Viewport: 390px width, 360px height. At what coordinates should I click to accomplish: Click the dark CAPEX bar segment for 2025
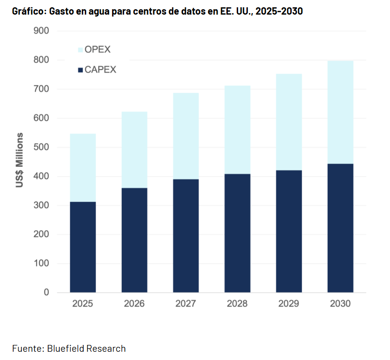click(83, 247)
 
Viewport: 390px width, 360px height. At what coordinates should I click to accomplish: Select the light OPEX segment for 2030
click(340, 112)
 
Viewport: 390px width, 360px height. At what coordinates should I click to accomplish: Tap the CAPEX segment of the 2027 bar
click(186, 235)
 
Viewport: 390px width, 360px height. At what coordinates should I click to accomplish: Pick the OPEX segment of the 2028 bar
click(237, 130)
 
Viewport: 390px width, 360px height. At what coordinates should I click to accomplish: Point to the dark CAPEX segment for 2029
click(289, 231)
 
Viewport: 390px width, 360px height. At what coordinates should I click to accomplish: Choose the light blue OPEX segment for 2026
click(134, 150)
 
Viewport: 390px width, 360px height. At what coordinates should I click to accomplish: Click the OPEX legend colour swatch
click(80, 50)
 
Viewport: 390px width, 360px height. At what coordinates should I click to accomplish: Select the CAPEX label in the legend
click(100, 70)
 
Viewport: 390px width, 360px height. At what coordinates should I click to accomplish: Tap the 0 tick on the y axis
click(47, 292)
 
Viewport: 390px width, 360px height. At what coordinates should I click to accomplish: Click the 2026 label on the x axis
click(134, 304)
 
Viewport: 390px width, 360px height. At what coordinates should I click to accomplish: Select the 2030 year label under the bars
click(340, 304)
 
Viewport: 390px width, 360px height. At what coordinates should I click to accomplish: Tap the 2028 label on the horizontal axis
click(237, 304)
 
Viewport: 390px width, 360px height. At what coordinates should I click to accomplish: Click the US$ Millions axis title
click(20, 160)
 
